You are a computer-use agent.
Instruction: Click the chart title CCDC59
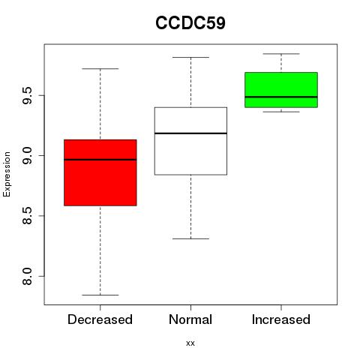tap(190, 22)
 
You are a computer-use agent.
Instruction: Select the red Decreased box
tap(100, 172)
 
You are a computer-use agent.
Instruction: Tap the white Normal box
tap(190, 141)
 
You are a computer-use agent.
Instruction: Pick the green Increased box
tap(281, 90)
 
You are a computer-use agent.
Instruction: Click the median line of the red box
tap(100, 160)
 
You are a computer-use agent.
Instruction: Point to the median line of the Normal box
tap(190, 133)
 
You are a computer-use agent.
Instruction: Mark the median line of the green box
tap(281, 97)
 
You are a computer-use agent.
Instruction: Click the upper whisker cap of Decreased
tap(100, 68)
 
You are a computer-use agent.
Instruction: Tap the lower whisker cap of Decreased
tap(100, 295)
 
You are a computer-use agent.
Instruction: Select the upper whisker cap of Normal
tap(190, 57)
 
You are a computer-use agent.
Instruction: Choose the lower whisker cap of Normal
tap(190, 238)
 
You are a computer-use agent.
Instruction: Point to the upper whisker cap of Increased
tap(281, 54)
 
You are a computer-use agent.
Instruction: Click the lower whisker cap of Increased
tap(281, 112)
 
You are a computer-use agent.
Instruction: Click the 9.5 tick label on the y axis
tap(27, 95)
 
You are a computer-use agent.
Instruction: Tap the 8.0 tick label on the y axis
tap(27, 276)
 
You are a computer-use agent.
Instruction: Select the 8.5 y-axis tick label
tap(27, 216)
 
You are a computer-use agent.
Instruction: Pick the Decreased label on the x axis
tap(100, 319)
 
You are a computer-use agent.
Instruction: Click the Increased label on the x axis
tap(281, 319)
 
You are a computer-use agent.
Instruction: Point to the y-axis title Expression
tap(7, 174)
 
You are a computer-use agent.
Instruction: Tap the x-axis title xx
tap(190, 343)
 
